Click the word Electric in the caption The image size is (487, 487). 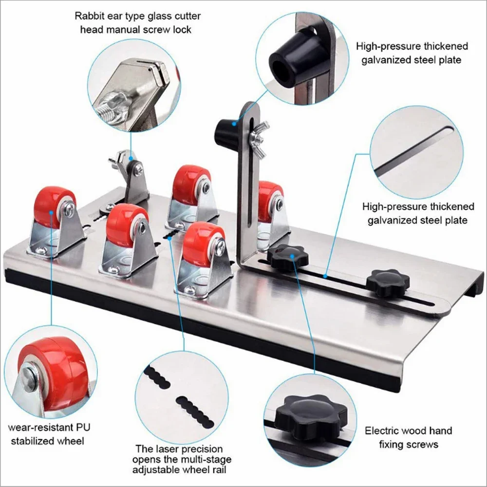tap(382, 431)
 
